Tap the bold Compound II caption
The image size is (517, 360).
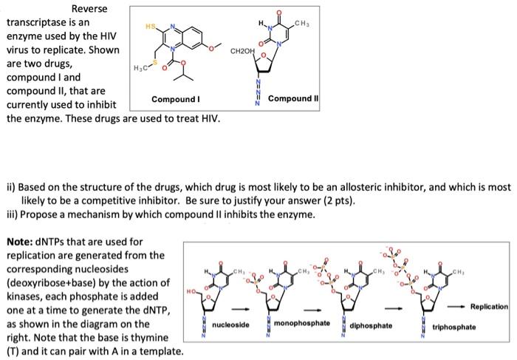click(x=292, y=99)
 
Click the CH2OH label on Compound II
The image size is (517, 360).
click(x=242, y=53)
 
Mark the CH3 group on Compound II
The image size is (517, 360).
click(x=301, y=26)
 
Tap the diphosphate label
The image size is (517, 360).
click(x=372, y=325)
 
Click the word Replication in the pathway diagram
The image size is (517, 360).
click(x=488, y=306)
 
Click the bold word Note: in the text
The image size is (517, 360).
click(x=22, y=242)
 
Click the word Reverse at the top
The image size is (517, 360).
click(x=89, y=9)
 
